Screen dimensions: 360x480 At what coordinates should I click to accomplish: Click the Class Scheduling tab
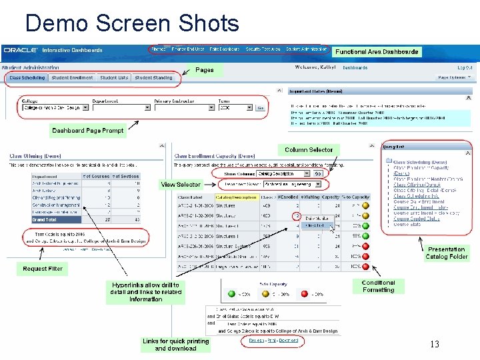tap(27, 78)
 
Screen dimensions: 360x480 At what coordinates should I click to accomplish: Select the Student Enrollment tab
tap(73, 78)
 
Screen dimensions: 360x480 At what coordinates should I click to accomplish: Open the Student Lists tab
tap(114, 78)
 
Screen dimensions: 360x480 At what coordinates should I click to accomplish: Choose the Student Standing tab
tap(153, 78)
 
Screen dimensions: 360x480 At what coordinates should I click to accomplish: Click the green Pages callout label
tap(205, 70)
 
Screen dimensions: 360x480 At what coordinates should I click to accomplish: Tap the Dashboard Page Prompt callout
tap(88, 131)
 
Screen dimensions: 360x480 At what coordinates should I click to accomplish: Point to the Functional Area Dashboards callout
tap(377, 52)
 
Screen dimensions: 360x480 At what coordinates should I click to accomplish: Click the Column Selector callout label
tap(309, 150)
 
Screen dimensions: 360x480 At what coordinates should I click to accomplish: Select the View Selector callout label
tap(181, 185)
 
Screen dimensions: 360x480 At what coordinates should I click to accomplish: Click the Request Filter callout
tap(43, 269)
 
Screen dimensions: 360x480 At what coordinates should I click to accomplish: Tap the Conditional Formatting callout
tap(379, 286)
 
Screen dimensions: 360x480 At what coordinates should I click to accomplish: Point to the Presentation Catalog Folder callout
tap(447, 253)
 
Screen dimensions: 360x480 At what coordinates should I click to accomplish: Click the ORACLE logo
tap(21, 50)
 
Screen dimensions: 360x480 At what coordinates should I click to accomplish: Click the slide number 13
tap(435, 344)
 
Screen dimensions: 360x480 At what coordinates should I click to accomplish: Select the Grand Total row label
tap(45, 219)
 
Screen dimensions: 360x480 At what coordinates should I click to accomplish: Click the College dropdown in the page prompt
tap(52, 107)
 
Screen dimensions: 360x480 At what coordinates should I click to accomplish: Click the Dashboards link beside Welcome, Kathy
tap(355, 67)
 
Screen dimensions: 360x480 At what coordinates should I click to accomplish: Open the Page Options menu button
tap(454, 77)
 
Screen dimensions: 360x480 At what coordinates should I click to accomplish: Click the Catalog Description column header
tap(236, 197)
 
